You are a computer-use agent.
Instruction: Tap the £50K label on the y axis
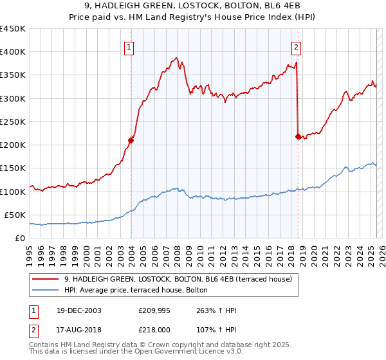[x=15, y=215]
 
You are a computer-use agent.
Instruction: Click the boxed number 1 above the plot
[x=131, y=46]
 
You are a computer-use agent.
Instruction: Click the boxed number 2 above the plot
[x=297, y=46]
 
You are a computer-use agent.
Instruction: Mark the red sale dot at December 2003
[x=131, y=139]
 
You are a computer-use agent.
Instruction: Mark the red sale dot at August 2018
[x=297, y=136]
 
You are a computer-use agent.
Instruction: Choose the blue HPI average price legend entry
[x=135, y=290]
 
